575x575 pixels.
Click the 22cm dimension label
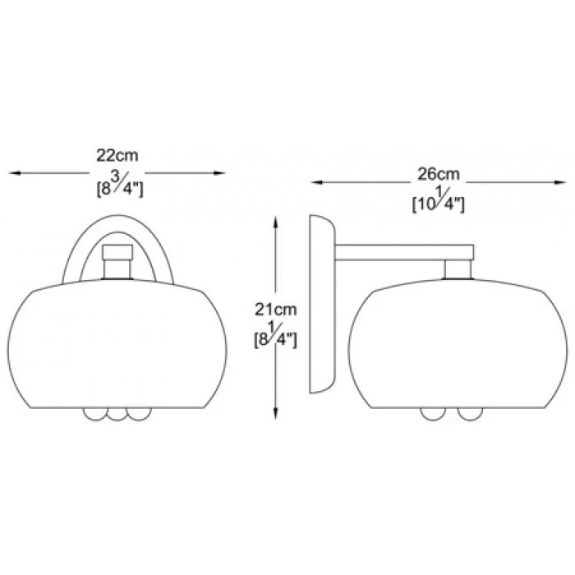coord(117,155)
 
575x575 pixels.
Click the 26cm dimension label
coord(439,174)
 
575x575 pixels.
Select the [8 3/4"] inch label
coord(120,186)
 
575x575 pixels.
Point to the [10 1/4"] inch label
coord(439,203)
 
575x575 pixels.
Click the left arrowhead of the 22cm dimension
coord(14,173)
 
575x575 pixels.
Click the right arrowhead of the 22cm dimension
coord(219,173)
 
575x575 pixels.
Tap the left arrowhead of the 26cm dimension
coord(316,182)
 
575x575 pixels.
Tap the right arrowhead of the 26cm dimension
coord(561,182)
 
